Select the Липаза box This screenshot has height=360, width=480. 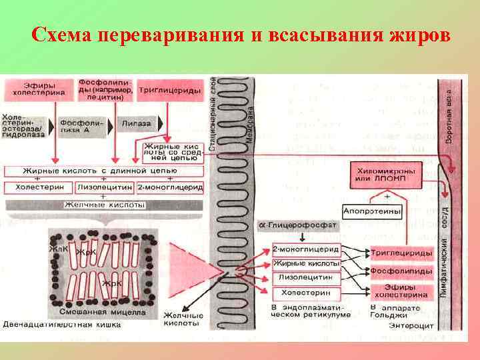(x=137, y=124)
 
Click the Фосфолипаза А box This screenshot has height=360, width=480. (x=82, y=125)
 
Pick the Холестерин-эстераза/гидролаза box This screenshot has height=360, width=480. (x=25, y=125)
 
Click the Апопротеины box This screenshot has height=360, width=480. (x=373, y=211)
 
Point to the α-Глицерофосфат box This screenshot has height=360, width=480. (x=297, y=227)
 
